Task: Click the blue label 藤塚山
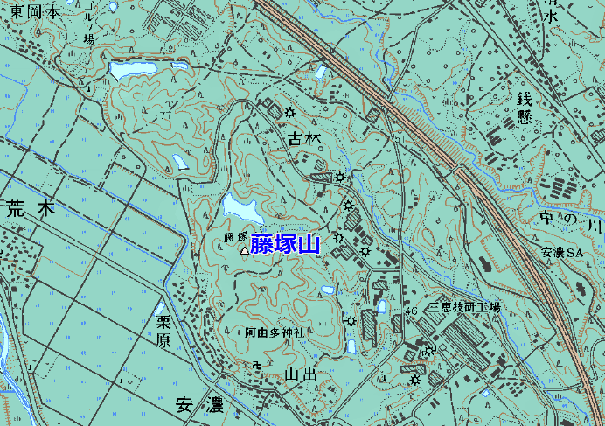tap(285, 244)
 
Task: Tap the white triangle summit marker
tap(244, 251)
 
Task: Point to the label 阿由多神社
tap(274, 333)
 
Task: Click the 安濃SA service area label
tap(561, 253)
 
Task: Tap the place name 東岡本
tap(31, 12)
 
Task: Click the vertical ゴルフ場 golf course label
tap(88, 24)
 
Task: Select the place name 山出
tap(300, 374)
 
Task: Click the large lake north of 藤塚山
tap(241, 208)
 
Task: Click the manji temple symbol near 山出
tap(256, 365)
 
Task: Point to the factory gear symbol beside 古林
tap(289, 111)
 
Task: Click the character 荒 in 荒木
tap(16, 209)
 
